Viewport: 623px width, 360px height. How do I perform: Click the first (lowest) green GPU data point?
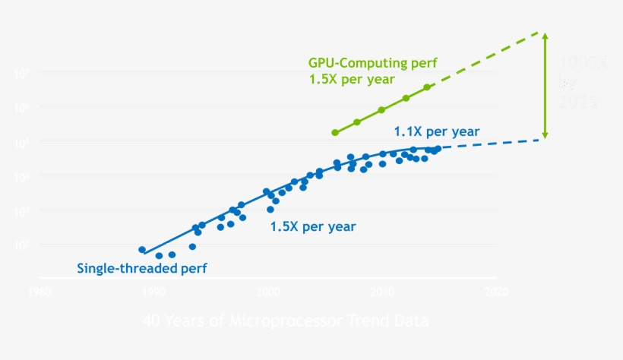pyautogui.click(x=335, y=132)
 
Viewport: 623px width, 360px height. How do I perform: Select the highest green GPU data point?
pyautogui.click(x=427, y=87)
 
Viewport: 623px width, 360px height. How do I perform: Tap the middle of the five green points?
pyautogui.click(x=381, y=110)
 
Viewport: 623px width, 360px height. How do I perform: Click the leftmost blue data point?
pyautogui.click(x=142, y=249)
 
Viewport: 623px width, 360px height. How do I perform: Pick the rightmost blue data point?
pyautogui.click(x=438, y=148)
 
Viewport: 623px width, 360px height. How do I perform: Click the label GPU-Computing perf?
pyautogui.click(x=372, y=63)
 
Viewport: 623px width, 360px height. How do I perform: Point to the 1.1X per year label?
pyautogui.click(x=437, y=131)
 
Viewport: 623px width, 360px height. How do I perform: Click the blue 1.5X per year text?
pyautogui.click(x=312, y=226)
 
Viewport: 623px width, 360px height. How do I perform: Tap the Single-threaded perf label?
pyautogui.click(x=142, y=268)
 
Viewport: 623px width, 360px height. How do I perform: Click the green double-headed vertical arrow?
pyautogui.click(x=544, y=85)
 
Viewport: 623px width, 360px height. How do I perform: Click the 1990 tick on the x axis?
pyautogui.click(x=153, y=291)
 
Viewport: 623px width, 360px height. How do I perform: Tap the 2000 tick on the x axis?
pyautogui.click(x=267, y=291)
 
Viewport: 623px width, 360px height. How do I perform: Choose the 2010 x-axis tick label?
pyautogui.click(x=382, y=291)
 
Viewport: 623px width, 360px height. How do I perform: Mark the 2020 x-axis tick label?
pyautogui.click(x=496, y=291)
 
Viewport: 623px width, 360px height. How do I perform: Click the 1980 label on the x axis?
pyautogui.click(x=39, y=291)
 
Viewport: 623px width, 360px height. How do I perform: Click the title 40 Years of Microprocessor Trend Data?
pyautogui.click(x=285, y=321)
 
